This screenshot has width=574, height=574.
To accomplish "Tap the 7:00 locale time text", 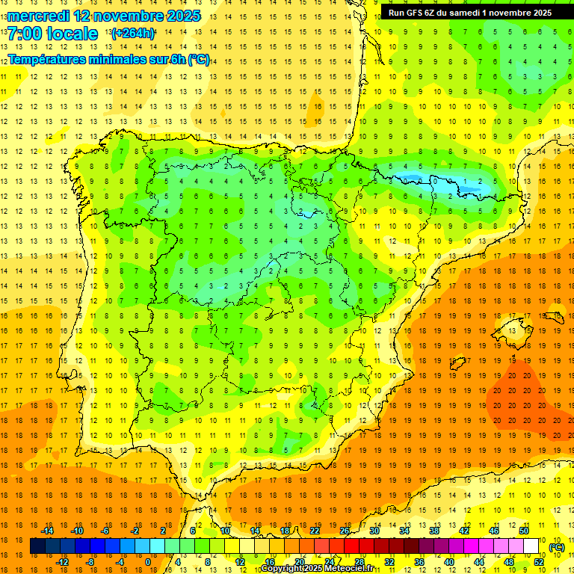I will (52, 34).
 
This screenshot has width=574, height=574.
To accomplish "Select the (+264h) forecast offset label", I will (133, 34).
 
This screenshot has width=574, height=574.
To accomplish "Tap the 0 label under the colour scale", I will (148, 562).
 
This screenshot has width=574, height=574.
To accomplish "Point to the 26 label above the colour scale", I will (345, 531).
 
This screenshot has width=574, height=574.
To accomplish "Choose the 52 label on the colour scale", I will (539, 562).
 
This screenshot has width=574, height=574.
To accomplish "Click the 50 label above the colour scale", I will (524, 531).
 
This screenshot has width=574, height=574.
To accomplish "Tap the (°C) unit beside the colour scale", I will (556, 547).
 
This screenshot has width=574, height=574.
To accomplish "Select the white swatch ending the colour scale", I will (531, 546).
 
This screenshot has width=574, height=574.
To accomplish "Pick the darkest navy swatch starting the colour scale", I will (37, 546).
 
